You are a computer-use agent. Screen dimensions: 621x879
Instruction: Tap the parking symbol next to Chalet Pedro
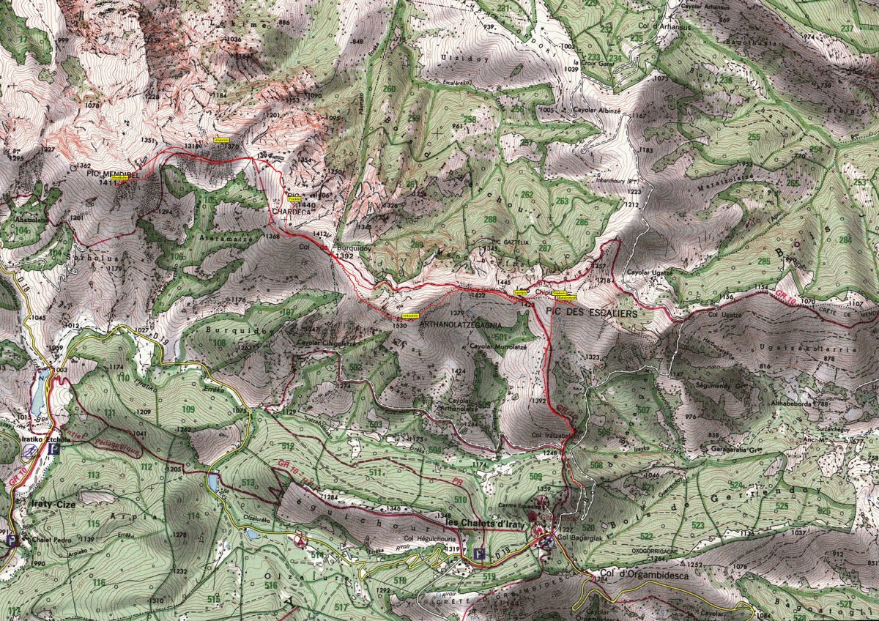click(12, 540)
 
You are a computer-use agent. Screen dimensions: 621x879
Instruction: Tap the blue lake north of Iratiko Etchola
click(38, 395)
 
